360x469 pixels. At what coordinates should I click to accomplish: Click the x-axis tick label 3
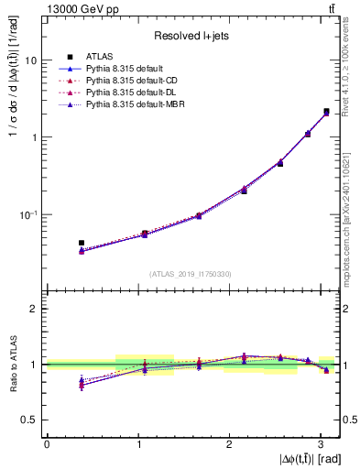pyautogui.click(x=322, y=444)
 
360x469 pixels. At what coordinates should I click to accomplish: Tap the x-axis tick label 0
pyautogui.click(x=47, y=444)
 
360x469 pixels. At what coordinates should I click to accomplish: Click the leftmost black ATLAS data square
pyautogui.click(x=82, y=243)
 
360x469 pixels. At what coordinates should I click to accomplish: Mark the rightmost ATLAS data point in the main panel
pyautogui.click(x=326, y=111)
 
